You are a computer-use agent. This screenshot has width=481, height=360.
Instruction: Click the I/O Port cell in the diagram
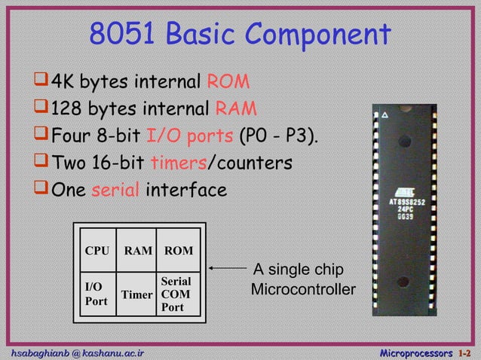pyautogui.click(x=95, y=293)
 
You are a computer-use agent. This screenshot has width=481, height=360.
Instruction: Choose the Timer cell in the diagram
pyautogui.click(x=138, y=294)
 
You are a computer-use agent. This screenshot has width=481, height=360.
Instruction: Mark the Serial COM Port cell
pyautogui.click(x=176, y=294)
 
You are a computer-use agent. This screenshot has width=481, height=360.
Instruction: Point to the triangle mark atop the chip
pyautogui.click(x=384, y=116)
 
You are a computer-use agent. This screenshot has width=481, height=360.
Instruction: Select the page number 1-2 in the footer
pyautogui.click(x=467, y=352)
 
